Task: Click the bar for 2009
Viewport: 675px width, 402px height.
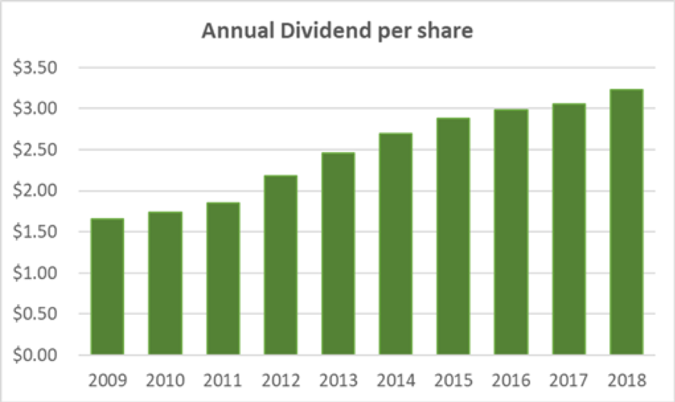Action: pos(107,287)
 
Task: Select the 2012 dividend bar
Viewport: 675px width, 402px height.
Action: pos(280,265)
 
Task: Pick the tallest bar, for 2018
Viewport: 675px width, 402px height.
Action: pos(626,222)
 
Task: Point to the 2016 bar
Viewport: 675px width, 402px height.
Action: pos(511,233)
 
